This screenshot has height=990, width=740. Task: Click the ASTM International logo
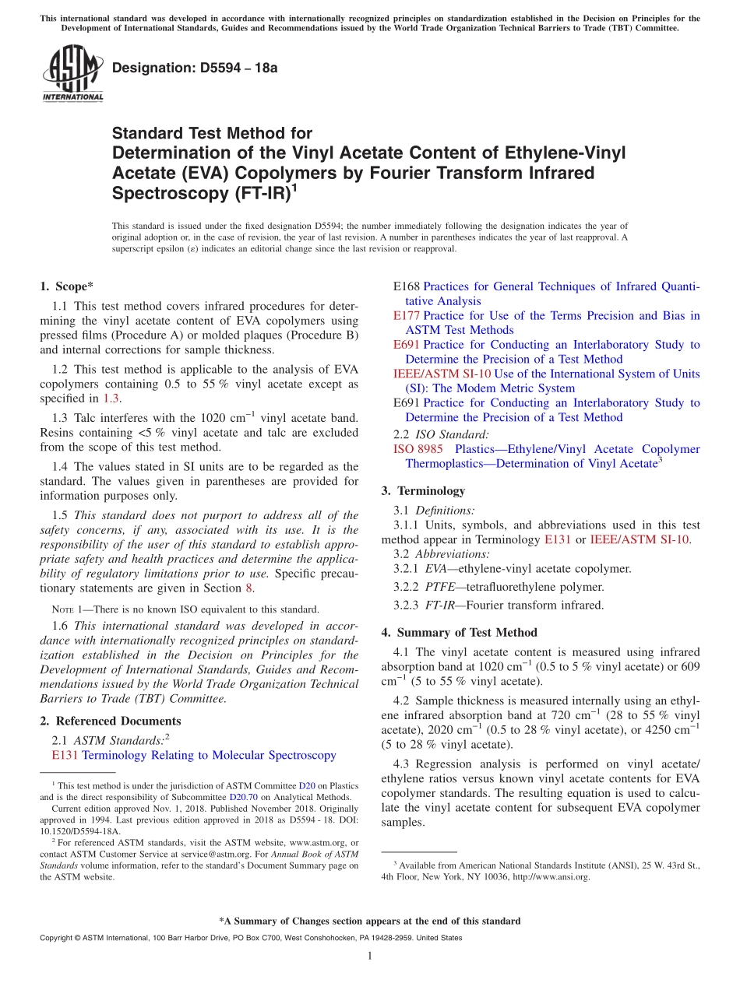pos(72,74)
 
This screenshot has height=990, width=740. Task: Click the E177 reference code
pos(407,315)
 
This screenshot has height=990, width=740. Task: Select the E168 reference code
pos(407,286)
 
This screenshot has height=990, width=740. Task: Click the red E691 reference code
pos(407,344)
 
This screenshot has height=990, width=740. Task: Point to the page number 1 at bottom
pos(370,957)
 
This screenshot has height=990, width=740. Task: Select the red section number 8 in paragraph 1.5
pos(249,588)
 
